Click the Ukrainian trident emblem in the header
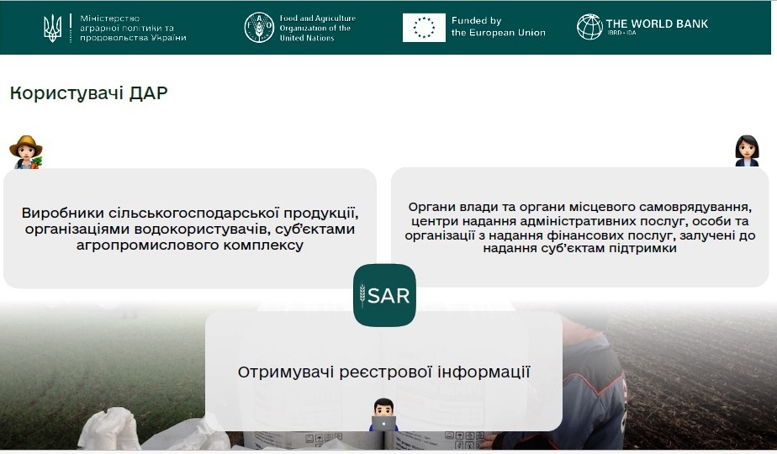point(52,28)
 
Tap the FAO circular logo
point(259,28)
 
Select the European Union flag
point(424,28)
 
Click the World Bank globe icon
point(589,27)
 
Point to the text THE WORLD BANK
point(657,24)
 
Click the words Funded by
point(476,21)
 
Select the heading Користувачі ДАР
point(88,93)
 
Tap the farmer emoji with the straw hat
point(26,152)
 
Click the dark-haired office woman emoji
point(747,150)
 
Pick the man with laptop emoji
point(384,414)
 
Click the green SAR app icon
point(384,295)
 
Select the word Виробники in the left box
point(62,213)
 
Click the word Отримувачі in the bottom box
point(286,372)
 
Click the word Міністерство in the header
point(110,18)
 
